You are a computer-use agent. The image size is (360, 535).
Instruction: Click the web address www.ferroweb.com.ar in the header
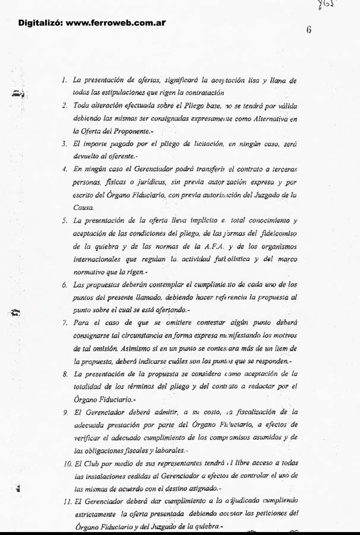[115, 23]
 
